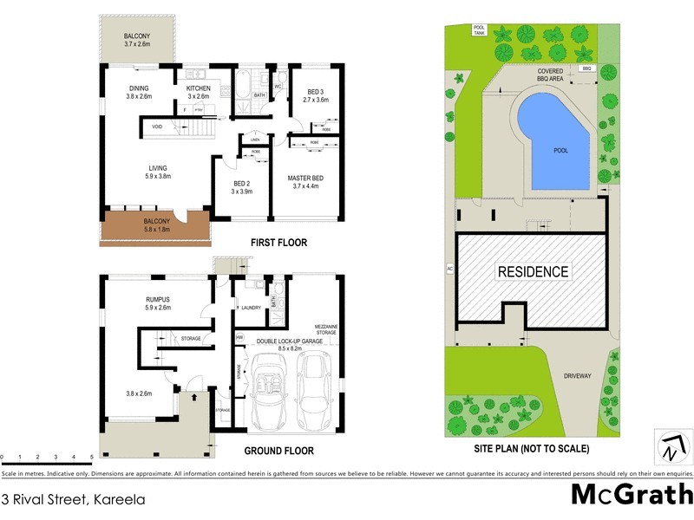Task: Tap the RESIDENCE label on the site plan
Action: point(533,271)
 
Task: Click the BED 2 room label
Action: point(241,188)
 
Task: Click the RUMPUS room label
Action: point(157,303)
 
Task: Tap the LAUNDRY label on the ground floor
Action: point(252,308)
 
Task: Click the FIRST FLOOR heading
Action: point(279,244)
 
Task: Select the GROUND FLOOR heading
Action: point(278,451)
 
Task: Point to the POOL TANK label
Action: point(478,29)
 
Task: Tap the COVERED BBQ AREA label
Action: point(553,75)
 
